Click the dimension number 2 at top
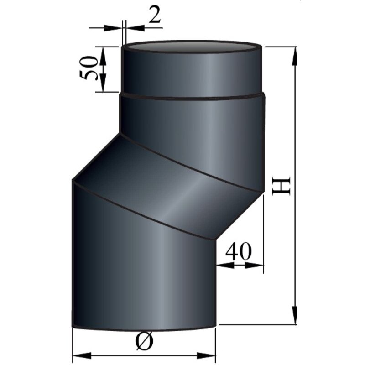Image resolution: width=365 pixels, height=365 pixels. (155, 16)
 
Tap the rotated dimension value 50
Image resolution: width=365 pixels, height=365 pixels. (90, 68)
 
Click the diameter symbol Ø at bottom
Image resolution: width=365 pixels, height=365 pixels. (145, 341)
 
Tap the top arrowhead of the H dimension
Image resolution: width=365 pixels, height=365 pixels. (296, 55)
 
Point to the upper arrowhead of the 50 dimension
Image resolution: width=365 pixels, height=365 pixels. (103, 53)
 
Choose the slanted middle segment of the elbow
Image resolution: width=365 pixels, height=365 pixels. (169, 182)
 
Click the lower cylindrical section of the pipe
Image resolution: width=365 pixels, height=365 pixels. (141, 274)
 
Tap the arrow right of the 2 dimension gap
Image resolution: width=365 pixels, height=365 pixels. (134, 28)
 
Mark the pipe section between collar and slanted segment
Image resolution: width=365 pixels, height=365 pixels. (192, 123)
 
